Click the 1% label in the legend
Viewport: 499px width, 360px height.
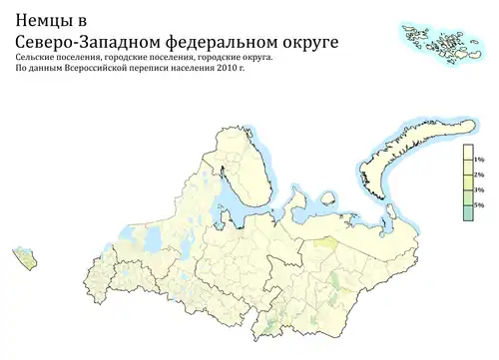pyautogui.click(x=478, y=160)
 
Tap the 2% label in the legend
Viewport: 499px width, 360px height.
pyautogui.click(x=478, y=175)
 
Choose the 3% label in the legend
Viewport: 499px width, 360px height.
pyautogui.click(x=478, y=189)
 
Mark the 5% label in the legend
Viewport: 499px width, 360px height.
pyautogui.click(x=478, y=204)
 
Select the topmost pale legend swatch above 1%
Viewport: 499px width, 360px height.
pyautogui.click(x=467, y=152)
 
